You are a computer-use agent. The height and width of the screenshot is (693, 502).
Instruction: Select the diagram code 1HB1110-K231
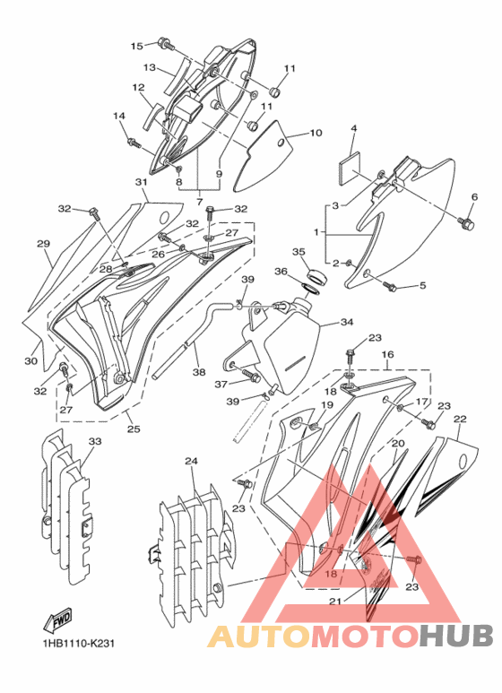[x=79, y=643]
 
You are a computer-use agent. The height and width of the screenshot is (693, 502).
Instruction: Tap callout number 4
[x=353, y=128]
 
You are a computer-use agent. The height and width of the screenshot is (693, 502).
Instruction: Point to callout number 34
[x=347, y=322]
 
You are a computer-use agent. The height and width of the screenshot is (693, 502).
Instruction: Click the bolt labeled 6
[x=466, y=223]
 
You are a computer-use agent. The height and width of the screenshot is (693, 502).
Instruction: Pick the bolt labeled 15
[x=166, y=43]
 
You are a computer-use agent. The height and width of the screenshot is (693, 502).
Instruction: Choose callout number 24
[x=191, y=461]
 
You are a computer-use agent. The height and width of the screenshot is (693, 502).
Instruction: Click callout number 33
[x=95, y=441]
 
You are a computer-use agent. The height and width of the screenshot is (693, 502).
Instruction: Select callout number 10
[x=316, y=133]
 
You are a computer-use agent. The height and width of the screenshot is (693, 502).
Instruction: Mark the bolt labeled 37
[x=251, y=377]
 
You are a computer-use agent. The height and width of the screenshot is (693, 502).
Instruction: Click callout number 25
[x=134, y=429]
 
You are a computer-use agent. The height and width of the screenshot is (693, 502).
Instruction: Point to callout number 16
[x=387, y=354]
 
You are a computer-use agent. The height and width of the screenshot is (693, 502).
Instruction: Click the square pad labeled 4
[x=350, y=164]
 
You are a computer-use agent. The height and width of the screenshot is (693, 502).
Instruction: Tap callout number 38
[x=199, y=372]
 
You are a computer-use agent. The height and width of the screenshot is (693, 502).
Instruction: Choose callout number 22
[x=460, y=419]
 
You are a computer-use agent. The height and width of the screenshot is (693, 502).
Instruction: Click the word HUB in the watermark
[x=455, y=635]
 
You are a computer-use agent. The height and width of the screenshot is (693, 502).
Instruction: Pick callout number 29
[x=43, y=243]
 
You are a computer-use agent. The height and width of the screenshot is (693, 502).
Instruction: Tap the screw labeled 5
[x=389, y=286]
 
